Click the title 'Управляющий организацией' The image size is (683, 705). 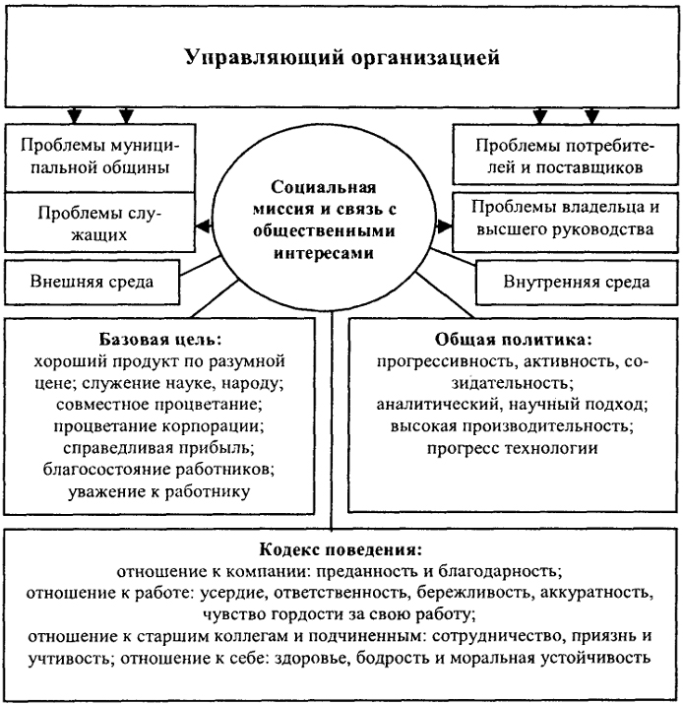pos(342,57)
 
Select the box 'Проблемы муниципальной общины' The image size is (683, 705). pos(99,158)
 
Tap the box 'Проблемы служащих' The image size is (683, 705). pos(99,223)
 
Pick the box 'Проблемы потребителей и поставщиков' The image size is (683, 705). pos(565,155)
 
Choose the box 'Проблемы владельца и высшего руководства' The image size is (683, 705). pos(565,223)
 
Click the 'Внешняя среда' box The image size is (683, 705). pos(93,282)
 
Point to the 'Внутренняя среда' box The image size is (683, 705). pos(577,283)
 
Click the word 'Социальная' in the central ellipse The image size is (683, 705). pos(324,187)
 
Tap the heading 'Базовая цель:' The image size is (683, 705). pos(160,340)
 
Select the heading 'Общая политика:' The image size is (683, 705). pos(513,340)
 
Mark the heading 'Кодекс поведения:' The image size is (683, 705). pos(341,549)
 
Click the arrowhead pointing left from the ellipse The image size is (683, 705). pos(204,225)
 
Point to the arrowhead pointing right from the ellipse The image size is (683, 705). pos(445,225)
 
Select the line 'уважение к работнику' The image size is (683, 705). pos(159,491)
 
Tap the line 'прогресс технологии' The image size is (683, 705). pos(512,448)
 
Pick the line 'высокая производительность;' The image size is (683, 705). pos(512,425)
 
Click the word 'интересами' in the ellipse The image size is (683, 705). pos(324,253)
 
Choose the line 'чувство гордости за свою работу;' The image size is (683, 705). pos(340,614)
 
